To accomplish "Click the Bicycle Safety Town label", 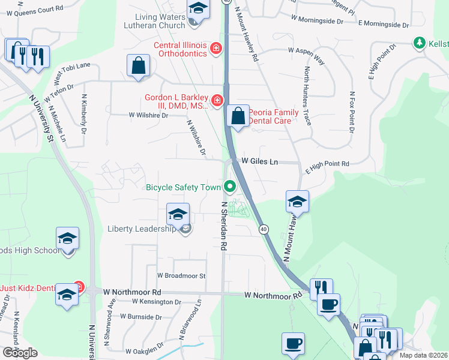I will [x=184, y=187].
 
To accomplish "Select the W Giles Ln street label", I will [x=260, y=161].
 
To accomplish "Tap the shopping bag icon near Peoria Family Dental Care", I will [x=238, y=116].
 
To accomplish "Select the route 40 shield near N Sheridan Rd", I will [x=264, y=229].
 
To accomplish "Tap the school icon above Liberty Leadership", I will [x=178, y=214].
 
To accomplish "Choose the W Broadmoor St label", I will [x=181, y=276].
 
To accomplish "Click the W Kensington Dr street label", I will [x=156, y=301].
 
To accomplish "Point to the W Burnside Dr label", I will [x=142, y=316].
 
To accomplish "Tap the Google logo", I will [x=20, y=353].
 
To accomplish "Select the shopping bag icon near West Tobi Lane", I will [x=139, y=66].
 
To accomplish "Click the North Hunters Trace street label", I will [x=307, y=96].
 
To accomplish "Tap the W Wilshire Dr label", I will [x=148, y=115].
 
